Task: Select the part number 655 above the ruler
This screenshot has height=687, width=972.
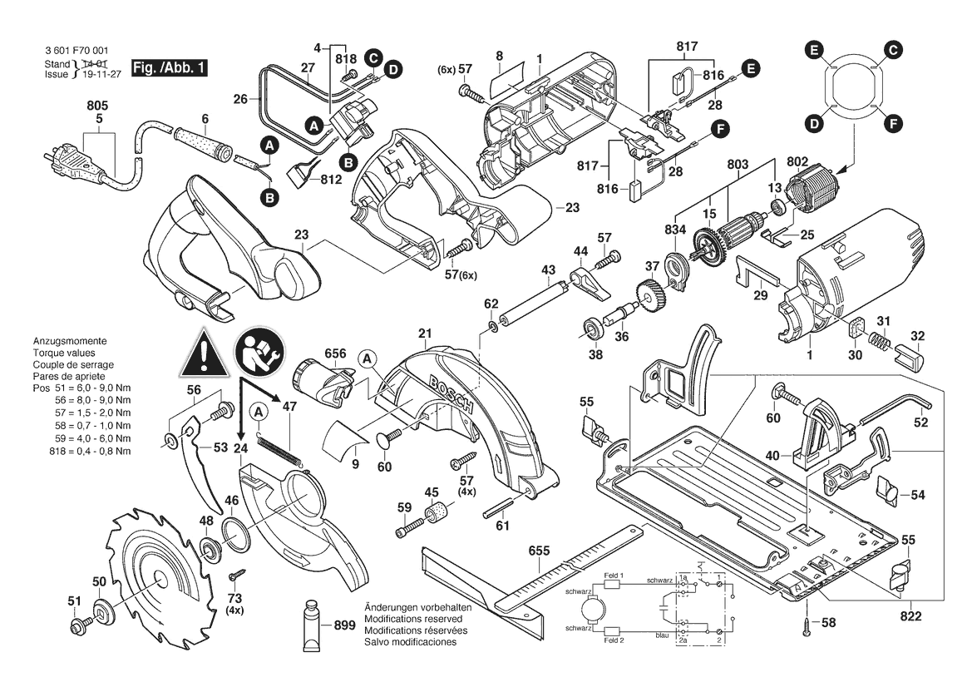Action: point(540,551)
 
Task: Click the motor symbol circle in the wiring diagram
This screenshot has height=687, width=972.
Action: point(594,613)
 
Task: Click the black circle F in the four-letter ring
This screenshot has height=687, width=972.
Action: point(893,124)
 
